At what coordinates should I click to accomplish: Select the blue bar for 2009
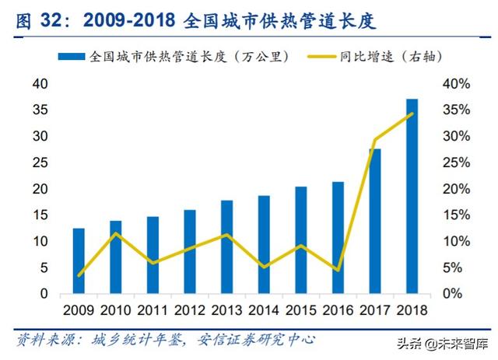tap(79, 261)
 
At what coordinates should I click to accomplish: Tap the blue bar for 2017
tap(374, 222)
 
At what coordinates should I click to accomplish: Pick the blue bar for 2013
tap(226, 247)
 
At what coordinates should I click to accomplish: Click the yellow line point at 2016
tap(338, 270)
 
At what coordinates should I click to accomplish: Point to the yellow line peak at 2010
tap(115, 233)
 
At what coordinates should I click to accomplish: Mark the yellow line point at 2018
tap(412, 114)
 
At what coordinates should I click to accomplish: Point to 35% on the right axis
tap(457, 110)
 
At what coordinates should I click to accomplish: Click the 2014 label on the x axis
tap(263, 311)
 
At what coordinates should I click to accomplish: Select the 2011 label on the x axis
tap(153, 311)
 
